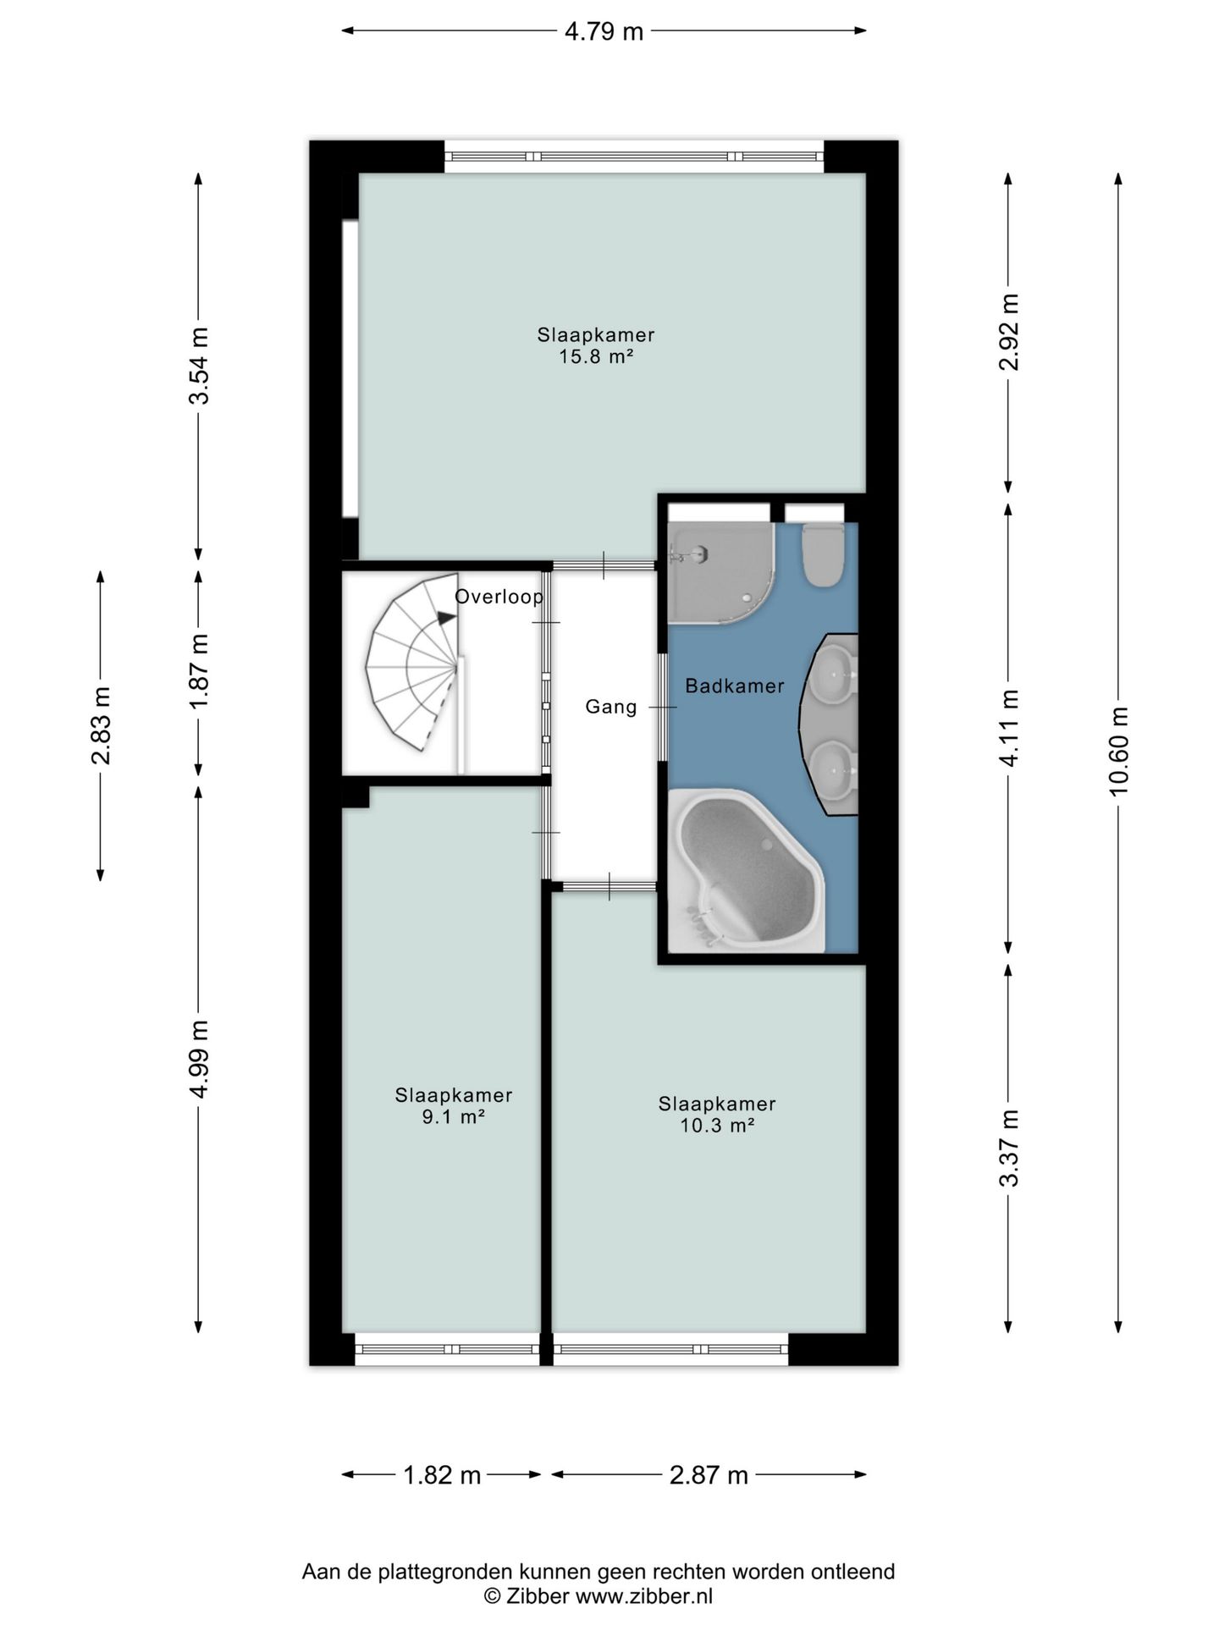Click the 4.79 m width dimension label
point(604,32)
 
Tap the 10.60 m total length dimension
point(1119,751)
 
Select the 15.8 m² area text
point(596,356)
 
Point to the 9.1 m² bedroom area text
point(453,1117)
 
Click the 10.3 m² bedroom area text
point(717,1126)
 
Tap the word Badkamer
point(735,686)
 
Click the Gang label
point(611,707)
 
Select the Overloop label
point(499,597)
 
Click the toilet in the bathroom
point(822,555)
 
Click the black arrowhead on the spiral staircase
point(445,619)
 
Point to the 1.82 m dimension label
point(442,1476)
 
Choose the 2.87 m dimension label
point(709,1476)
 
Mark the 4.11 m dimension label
point(1009,727)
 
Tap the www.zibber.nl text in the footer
point(644,1596)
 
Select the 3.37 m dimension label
point(1009,1148)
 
